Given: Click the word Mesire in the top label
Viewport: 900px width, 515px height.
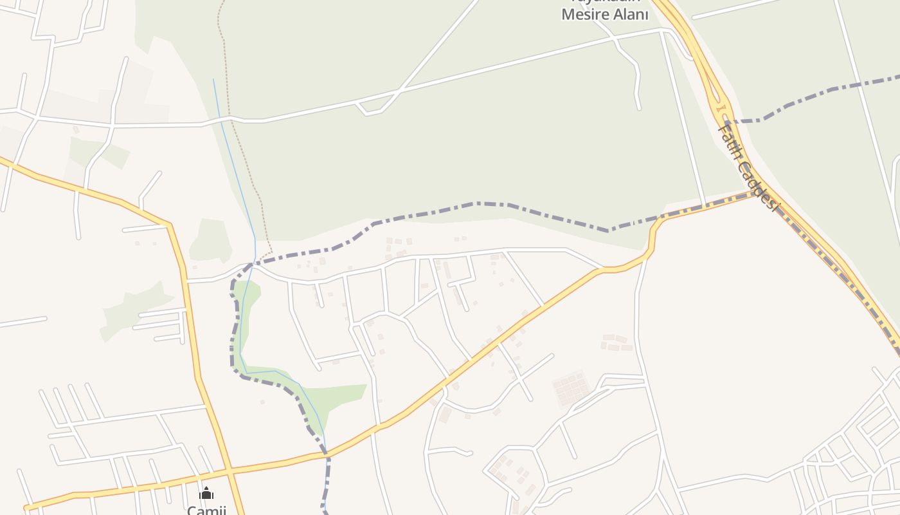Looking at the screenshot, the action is click(585, 15).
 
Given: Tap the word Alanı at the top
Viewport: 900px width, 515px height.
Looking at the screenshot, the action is click(629, 15).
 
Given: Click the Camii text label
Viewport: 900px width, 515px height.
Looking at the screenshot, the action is click(206, 510).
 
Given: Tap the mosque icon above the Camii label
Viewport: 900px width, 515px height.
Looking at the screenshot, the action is click(206, 494).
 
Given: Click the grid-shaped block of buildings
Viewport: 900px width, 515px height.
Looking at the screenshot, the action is click(570, 389).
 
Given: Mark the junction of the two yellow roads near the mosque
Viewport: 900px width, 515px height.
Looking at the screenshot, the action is click(230, 471).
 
